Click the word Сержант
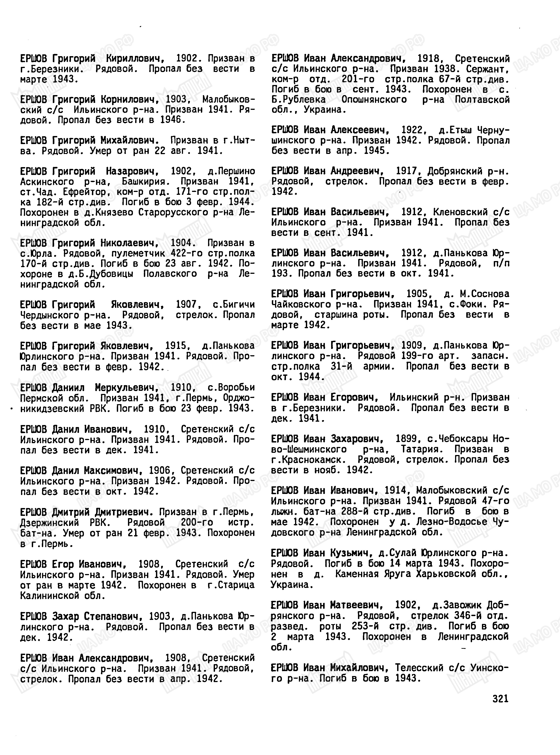tap(487, 69)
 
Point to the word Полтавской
tap(482, 100)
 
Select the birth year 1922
tap(412, 130)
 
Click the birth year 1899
tap(407, 439)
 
